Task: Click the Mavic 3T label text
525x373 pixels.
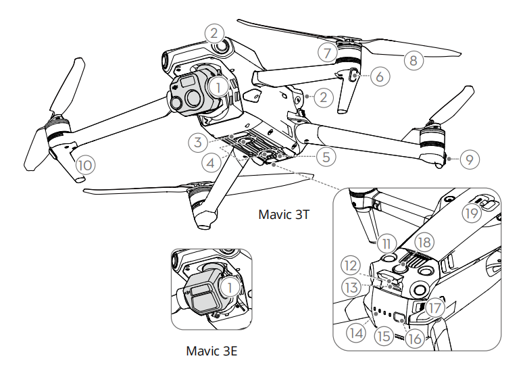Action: pyautogui.click(x=285, y=214)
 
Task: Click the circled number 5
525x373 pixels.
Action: pyautogui.click(x=326, y=157)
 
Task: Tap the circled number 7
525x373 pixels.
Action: pyautogui.click(x=327, y=51)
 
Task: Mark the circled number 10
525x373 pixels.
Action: pyautogui.click(x=84, y=164)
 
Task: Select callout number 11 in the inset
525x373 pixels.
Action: pyautogui.click(x=385, y=242)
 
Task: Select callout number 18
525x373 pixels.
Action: pyautogui.click(x=424, y=242)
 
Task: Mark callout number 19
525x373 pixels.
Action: pyautogui.click(x=472, y=214)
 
